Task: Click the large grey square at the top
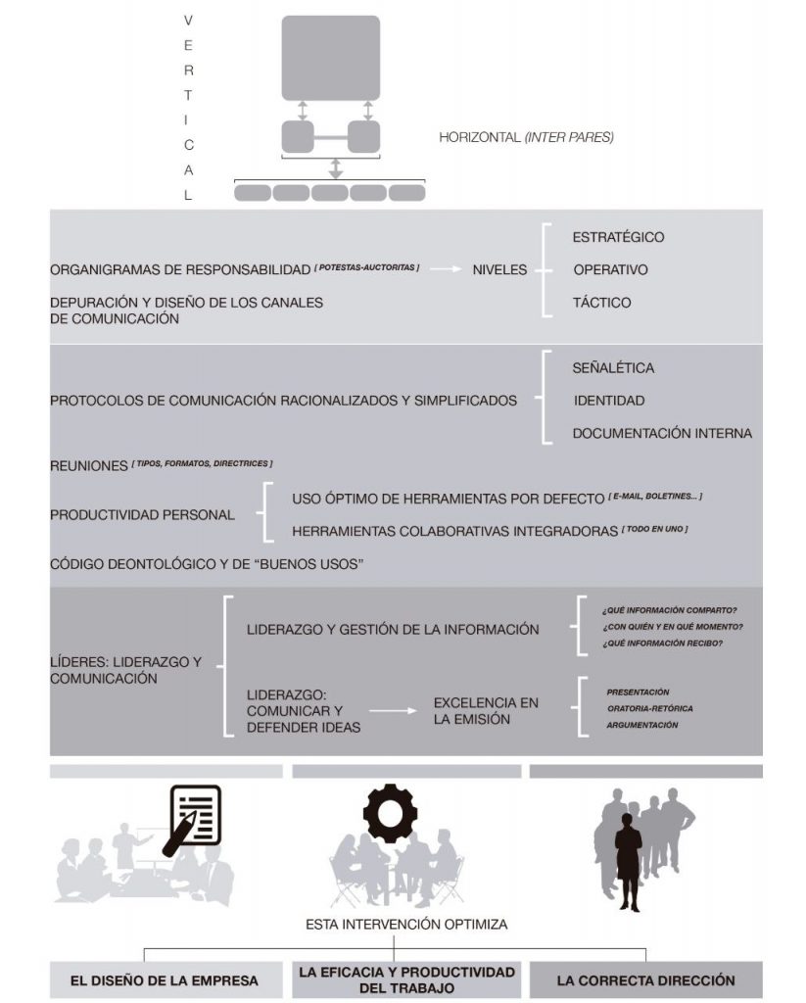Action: (x=330, y=57)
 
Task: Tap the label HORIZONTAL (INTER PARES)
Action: (x=526, y=138)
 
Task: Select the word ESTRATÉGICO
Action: (x=618, y=237)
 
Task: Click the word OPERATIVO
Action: (x=610, y=269)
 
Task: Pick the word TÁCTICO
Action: (x=601, y=303)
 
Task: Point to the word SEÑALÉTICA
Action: (x=613, y=368)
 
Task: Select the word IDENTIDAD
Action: (x=608, y=401)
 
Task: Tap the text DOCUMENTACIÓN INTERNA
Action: (x=662, y=433)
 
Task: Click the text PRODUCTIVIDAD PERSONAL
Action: (x=142, y=515)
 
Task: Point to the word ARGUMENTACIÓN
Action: (x=641, y=725)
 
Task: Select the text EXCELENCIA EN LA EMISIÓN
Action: (x=486, y=711)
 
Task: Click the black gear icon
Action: (x=390, y=812)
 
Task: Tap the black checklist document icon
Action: (x=194, y=816)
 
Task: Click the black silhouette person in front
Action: (x=628, y=862)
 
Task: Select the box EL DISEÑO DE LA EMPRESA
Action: (x=165, y=979)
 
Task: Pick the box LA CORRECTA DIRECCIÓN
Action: (x=645, y=979)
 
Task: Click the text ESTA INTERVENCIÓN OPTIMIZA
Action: (x=393, y=924)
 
